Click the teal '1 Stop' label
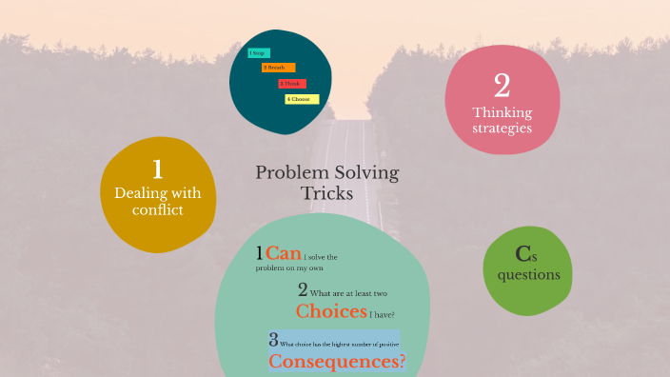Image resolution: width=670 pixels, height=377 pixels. click(258, 53)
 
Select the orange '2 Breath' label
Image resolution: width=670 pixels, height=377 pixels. click(279, 68)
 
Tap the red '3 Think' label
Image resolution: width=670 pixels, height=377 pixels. click(291, 84)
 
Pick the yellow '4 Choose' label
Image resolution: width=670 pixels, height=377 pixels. click(302, 99)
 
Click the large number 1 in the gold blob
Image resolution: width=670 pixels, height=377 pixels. click(157, 169)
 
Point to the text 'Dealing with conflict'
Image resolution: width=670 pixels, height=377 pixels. click(158, 201)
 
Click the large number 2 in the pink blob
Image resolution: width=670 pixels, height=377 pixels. click(502, 86)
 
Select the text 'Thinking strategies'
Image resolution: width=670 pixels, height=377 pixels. click(502, 120)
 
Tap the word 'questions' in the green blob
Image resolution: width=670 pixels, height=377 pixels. click(528, 275)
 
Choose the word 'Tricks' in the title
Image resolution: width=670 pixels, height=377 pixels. click(327, 193)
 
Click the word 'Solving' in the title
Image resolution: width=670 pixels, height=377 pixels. click(365, 172)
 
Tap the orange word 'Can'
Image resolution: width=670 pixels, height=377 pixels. click(283, 253)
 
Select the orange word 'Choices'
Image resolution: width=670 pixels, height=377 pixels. click(331, 311)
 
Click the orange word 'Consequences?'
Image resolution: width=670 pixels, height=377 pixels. click(337, 362)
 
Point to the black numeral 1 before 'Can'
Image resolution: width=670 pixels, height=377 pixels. click(259, 253)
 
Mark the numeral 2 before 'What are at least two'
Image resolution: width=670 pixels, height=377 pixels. click(302, 290)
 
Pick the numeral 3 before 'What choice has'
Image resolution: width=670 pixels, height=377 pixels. click(273, 340)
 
